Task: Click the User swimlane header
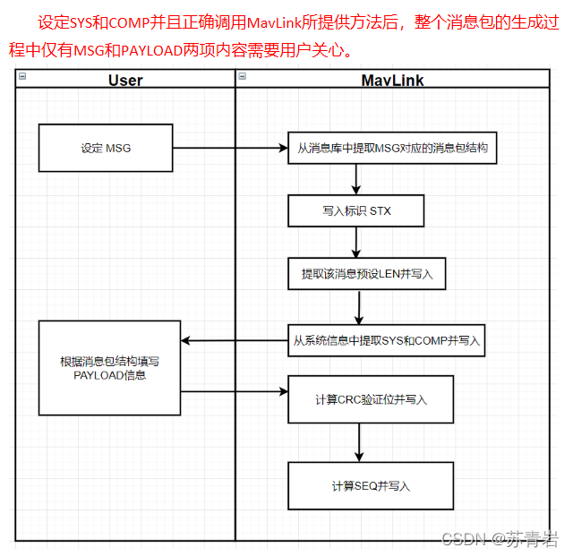pyautogui.click(x=125, y=80)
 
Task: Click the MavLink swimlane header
pyautogui.click(x=392, y=80)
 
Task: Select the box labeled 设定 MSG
pyautogui.click(x=106, y=148)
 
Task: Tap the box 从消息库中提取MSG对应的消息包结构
pyautogui.click(x=392, y=147)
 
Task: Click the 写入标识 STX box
pyautogui.click(x=356, y=211)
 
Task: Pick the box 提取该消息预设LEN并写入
pyautogui.click(x=367, y=274)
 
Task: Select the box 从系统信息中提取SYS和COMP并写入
pyautogui.click(x=386, y=340)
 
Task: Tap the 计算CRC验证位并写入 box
pyautogui.click(x=371, y=399)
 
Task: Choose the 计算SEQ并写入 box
pyautogui.click(x=371, y=485)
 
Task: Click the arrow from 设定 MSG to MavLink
pyautogui.click(x=229, y=148)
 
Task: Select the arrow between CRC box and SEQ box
pyautogui.click(x=359, y=442)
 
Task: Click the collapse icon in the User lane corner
pyautogui.click(x=22, y=77)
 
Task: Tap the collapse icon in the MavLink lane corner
pyautogui.click(x=242, y=77)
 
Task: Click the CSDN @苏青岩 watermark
pyautogui.click(x=500, y=539)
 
